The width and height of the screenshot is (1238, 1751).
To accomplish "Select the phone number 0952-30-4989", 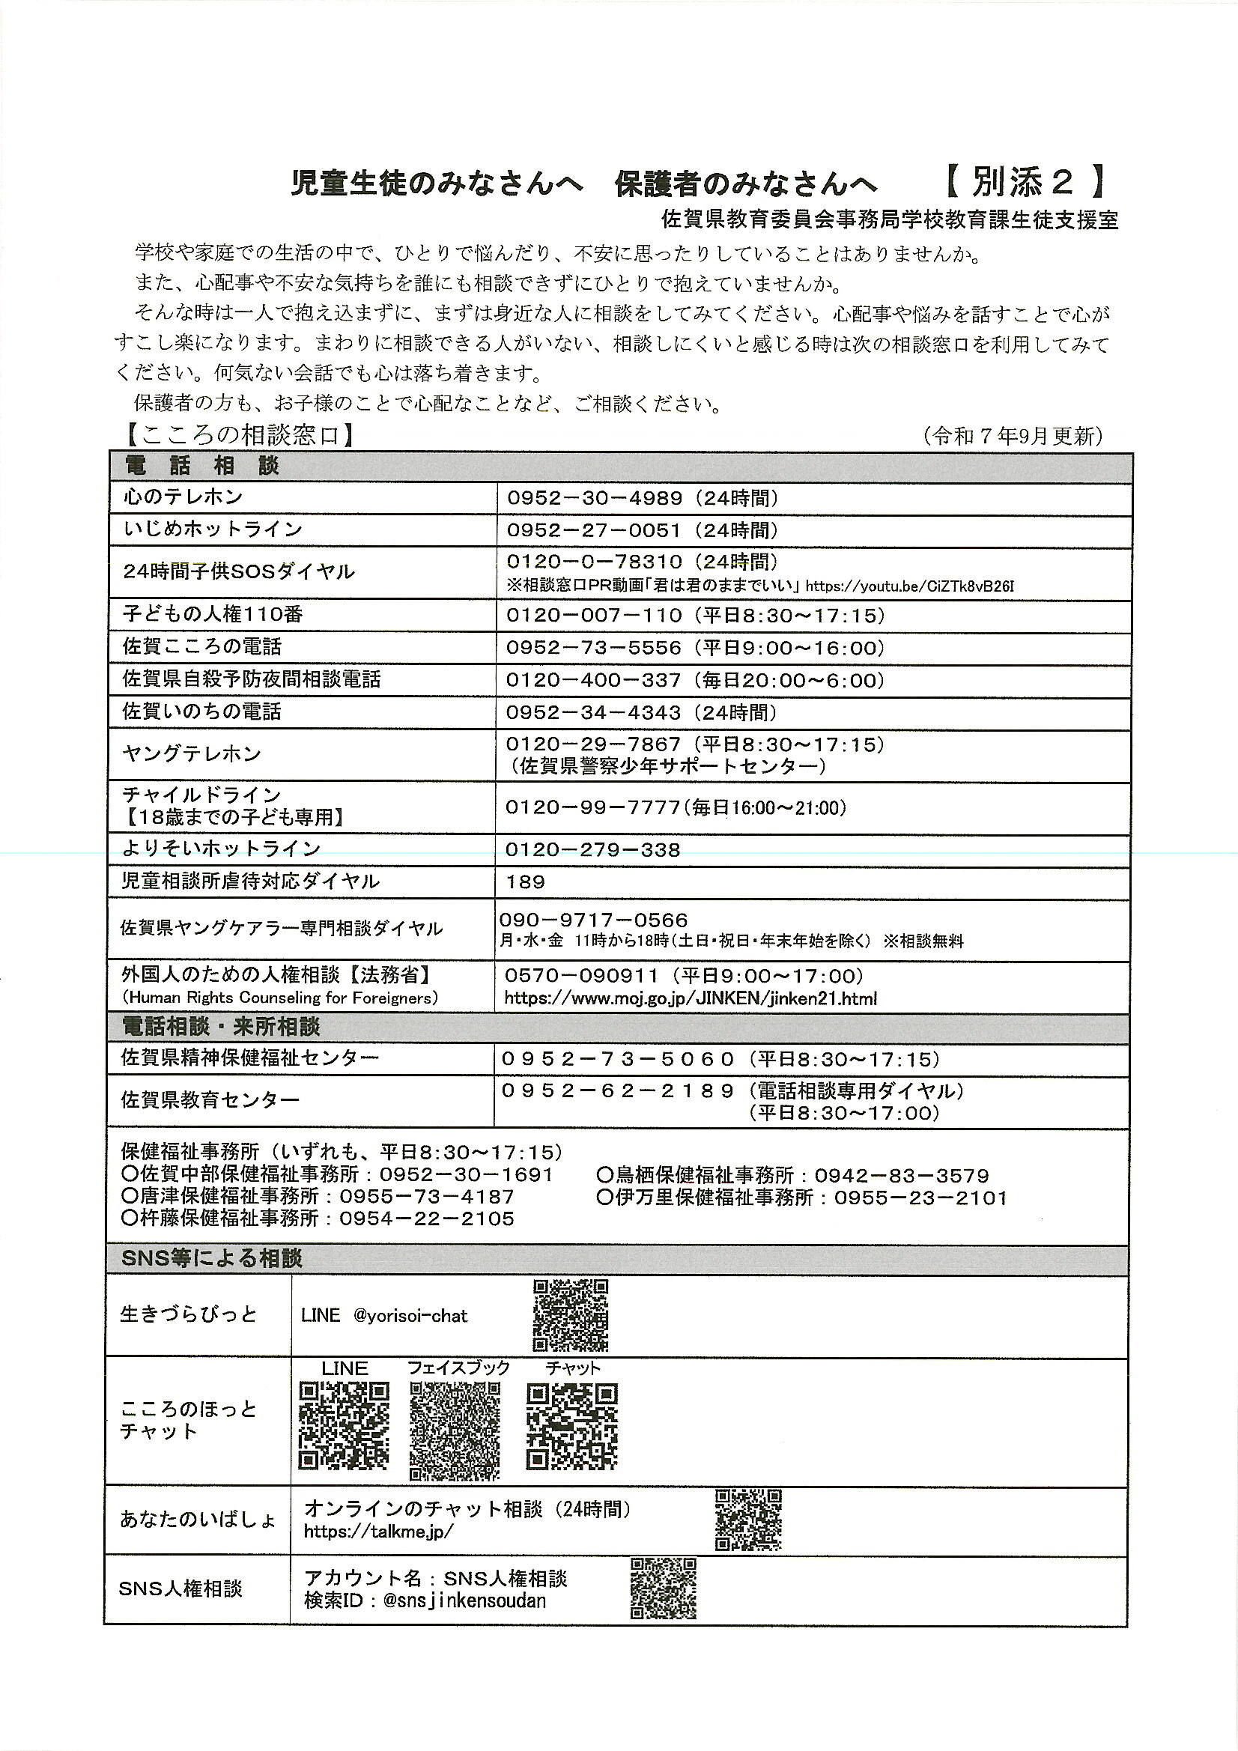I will pyautogui.click(x=594, y=499).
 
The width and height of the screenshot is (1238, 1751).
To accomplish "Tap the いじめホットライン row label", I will pyautogui.click(x=213, y=529).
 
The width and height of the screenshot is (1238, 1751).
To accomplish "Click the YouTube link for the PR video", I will pyautogui.click(x=909, y=586).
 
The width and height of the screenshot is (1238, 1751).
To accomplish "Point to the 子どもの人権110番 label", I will pyautogui.click(x=213, y=614).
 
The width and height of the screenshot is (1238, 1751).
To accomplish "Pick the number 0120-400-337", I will pyautogui.click(x=593, y=679).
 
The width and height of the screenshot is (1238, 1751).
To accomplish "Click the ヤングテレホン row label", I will pyautogui.click(x=192, y=754).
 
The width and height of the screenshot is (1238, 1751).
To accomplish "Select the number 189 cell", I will pyautogui.click(x=526, y=882).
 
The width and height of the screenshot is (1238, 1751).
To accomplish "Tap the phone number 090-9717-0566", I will pyautogui.click(x=593, y=920).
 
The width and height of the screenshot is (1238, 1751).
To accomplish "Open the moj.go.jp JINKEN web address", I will pyautogui.click(x=691, y=998).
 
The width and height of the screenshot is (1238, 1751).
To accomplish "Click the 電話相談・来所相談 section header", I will pyautogui.click(x=220, y=1027).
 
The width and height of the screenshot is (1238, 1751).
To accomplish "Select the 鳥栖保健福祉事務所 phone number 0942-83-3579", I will pyautogui.click(x=902, y=1176).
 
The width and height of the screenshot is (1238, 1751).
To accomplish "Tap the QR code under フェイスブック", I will pyautogui.click(x=455, y=1427).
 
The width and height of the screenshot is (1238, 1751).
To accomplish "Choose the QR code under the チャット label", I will pyautogui.click(x=571, y=1426).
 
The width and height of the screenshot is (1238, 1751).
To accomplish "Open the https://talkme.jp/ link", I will pyautogui.click(x=378, y=1532).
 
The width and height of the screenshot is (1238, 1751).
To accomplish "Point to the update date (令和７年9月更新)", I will pyautogui.click(x=1013, y=436).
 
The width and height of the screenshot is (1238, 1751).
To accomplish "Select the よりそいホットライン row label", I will pyautogui.click(x=221, y=849).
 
